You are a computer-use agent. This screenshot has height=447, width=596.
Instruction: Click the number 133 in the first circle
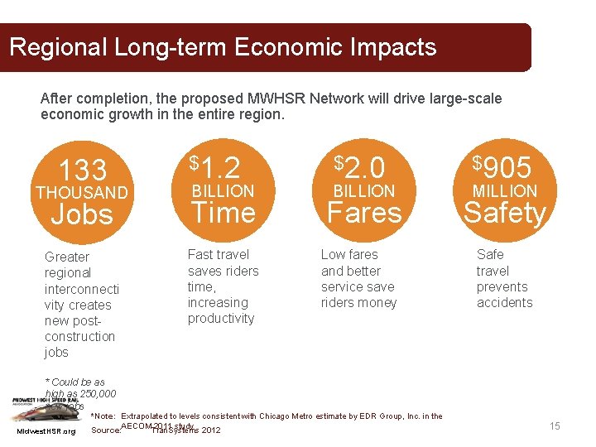click(x=83, y=171)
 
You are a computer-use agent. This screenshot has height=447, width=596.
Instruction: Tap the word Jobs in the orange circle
click(x=82, y=214)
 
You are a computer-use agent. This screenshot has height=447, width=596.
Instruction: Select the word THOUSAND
click(x=81, y=193)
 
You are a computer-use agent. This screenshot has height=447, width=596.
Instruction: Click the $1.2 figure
click(x=215, y=168)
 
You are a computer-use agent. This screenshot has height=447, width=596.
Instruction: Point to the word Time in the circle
click(x=223, y=213)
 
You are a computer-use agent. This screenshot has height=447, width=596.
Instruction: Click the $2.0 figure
click(x=360, y=168)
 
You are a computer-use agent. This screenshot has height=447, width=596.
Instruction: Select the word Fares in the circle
click(x=364, y=213)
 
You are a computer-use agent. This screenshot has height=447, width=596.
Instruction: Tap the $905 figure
click(x=502, y=168)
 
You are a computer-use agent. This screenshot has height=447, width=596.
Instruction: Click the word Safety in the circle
click(x=504, y=213)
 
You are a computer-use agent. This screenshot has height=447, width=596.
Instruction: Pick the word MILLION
click(x=504, y=191)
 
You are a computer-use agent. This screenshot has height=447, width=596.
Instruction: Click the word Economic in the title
click(x=285, y=47)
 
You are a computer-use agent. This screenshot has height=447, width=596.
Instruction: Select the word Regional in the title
click(x=58, y=47)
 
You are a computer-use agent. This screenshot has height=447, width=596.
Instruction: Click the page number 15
click(x=555, y=425)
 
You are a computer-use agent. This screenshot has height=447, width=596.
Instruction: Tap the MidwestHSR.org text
click(x=46, y=431)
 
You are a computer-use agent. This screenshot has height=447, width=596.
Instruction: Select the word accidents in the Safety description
click(x=504, y=303)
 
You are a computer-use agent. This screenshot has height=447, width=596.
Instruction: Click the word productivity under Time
click(x=221, y=319)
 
